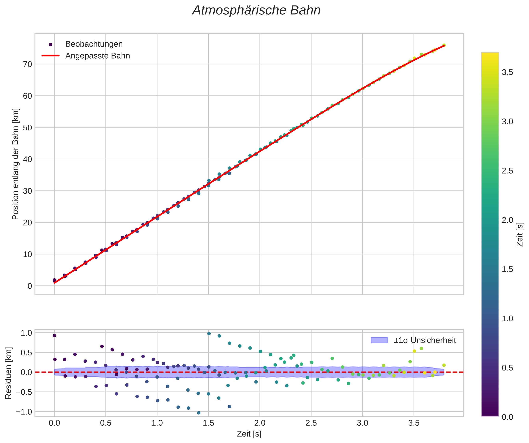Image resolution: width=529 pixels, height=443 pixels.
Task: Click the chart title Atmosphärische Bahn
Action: (x=256, y=11)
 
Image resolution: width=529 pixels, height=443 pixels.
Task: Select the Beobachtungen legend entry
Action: (x=94, y=44)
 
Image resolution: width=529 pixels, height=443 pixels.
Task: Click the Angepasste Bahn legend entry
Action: (x=98, y=56)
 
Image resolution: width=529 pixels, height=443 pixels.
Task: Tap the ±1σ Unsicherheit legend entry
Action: (x=425, y=340)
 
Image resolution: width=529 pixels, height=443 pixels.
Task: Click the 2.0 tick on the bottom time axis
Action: (x=260, y=423)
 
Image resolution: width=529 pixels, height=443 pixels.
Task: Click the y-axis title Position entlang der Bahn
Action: (x=15, y=164)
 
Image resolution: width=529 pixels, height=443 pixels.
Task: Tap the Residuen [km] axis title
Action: (x=8, y=373)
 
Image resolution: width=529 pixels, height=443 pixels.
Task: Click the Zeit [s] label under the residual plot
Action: (x=249, y=434)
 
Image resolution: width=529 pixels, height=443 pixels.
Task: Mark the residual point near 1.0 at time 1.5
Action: (x=209, y=334)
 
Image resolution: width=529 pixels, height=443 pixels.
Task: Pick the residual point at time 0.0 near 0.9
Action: (x=54, y=336)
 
